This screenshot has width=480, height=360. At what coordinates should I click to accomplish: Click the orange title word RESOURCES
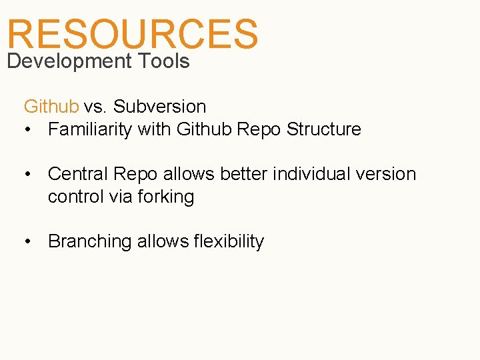133,34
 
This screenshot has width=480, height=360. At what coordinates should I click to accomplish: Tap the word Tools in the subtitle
164,61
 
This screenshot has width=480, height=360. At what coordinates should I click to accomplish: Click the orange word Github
51,107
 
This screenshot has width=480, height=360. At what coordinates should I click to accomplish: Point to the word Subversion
160,107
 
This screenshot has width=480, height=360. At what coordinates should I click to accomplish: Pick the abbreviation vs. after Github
96,107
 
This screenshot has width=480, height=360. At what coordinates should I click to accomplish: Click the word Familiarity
90,129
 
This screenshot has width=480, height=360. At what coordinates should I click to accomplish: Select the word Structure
323,129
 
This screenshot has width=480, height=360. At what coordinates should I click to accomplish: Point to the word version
387,174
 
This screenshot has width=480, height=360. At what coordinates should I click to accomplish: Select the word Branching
90,241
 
